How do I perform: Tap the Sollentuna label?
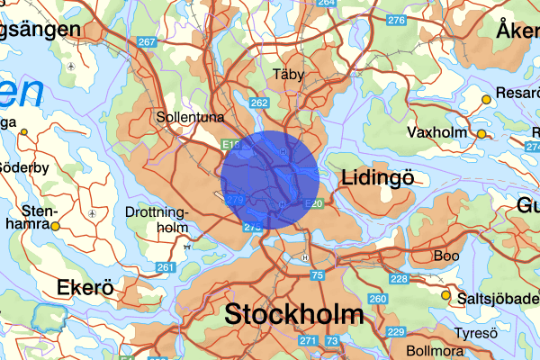point(190,117)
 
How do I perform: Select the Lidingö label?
point(378,178)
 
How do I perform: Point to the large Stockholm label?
point(294,315)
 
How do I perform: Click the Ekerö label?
point(85,288)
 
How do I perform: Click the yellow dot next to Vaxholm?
point(481,134)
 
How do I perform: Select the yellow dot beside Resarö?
point(486,99)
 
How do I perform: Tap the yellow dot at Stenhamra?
point(55,226)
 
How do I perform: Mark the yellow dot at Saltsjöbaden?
point(445,294)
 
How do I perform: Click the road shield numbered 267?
point(148,42)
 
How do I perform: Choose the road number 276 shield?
point(394,20)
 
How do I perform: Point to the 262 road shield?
point(259,103)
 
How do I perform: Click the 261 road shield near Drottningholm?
point(165,267)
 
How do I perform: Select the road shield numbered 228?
point(399,279)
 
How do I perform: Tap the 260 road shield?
point(378,299)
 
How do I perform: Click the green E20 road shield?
point(314,203)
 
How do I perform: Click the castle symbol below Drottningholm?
point(186,244)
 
